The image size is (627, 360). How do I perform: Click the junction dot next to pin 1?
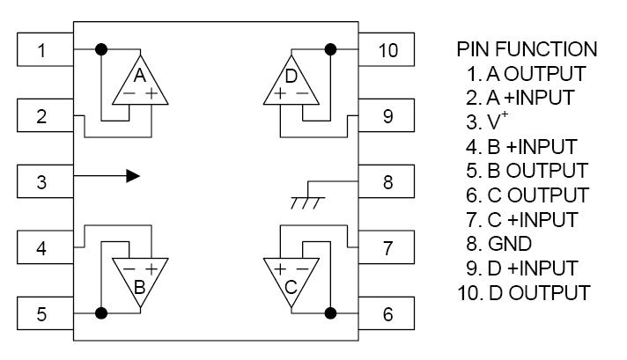[x=101, y=48]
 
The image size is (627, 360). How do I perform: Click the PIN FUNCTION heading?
[x=526, y=48]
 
